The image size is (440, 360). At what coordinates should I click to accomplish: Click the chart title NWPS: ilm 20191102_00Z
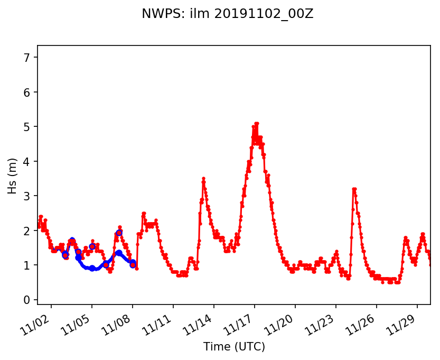227,14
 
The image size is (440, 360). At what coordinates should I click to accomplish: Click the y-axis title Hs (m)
12,175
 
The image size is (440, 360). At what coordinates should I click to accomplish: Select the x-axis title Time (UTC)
234,347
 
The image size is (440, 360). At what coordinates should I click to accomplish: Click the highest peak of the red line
256,124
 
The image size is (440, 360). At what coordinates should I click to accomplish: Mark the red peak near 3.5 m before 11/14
203,179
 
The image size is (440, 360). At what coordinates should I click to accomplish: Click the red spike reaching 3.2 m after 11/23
354,189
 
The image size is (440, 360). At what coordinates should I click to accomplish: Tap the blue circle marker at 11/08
133,265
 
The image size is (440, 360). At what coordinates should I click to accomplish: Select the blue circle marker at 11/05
92,246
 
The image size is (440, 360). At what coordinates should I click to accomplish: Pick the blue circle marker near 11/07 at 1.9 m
119,233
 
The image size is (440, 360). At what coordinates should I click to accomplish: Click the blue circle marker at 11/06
106,264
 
